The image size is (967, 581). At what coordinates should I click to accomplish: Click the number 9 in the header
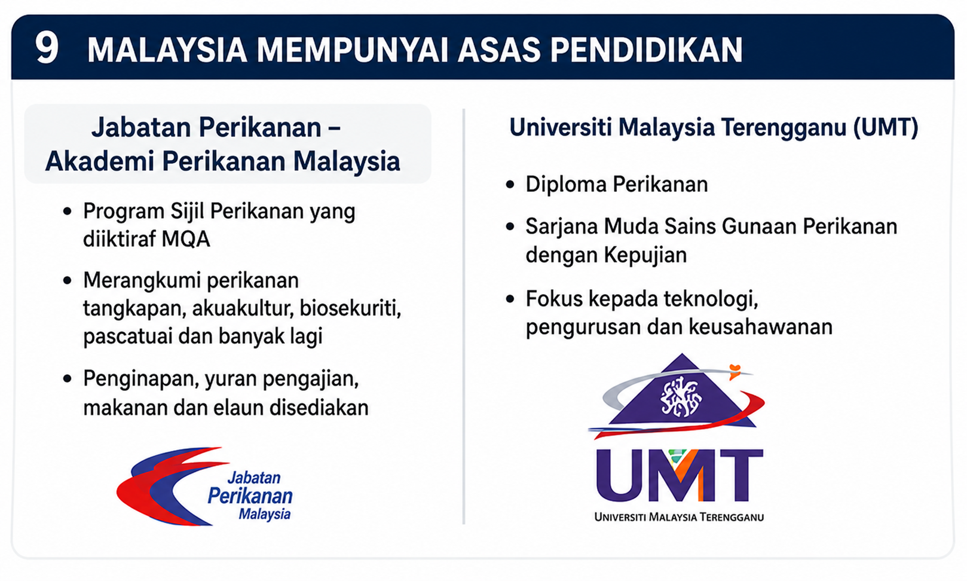pyautogui.click(x=47, y=48)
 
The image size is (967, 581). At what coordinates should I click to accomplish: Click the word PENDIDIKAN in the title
pyautogui.click(x=646, y=50)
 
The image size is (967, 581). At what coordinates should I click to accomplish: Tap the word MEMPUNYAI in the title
pyautogui.click(x=353, y=50)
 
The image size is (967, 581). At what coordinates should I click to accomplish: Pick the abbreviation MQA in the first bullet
pyautogui.click(x=186, y=239)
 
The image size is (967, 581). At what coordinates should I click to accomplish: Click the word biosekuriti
pyautogui.click(x=351, y=308)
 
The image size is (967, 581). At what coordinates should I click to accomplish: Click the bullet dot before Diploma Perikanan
pyautogui.click(x=510, y=185)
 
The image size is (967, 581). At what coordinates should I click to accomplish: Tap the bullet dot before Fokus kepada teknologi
pyautogui.click(x=510, y=299)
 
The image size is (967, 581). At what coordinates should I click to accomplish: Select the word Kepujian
pyautogui.click(x=645, y=255)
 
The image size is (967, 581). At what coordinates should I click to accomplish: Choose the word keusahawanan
pyautogui.click(x=761, y=327)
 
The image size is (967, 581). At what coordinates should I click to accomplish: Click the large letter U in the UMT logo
pyautogui.click(x=620, y=475)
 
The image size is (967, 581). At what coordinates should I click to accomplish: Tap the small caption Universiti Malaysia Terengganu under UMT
pyautogui.click(x=679, y=517)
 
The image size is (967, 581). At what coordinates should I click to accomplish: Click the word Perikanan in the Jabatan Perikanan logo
pyautogui.click(x=250, y=496)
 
